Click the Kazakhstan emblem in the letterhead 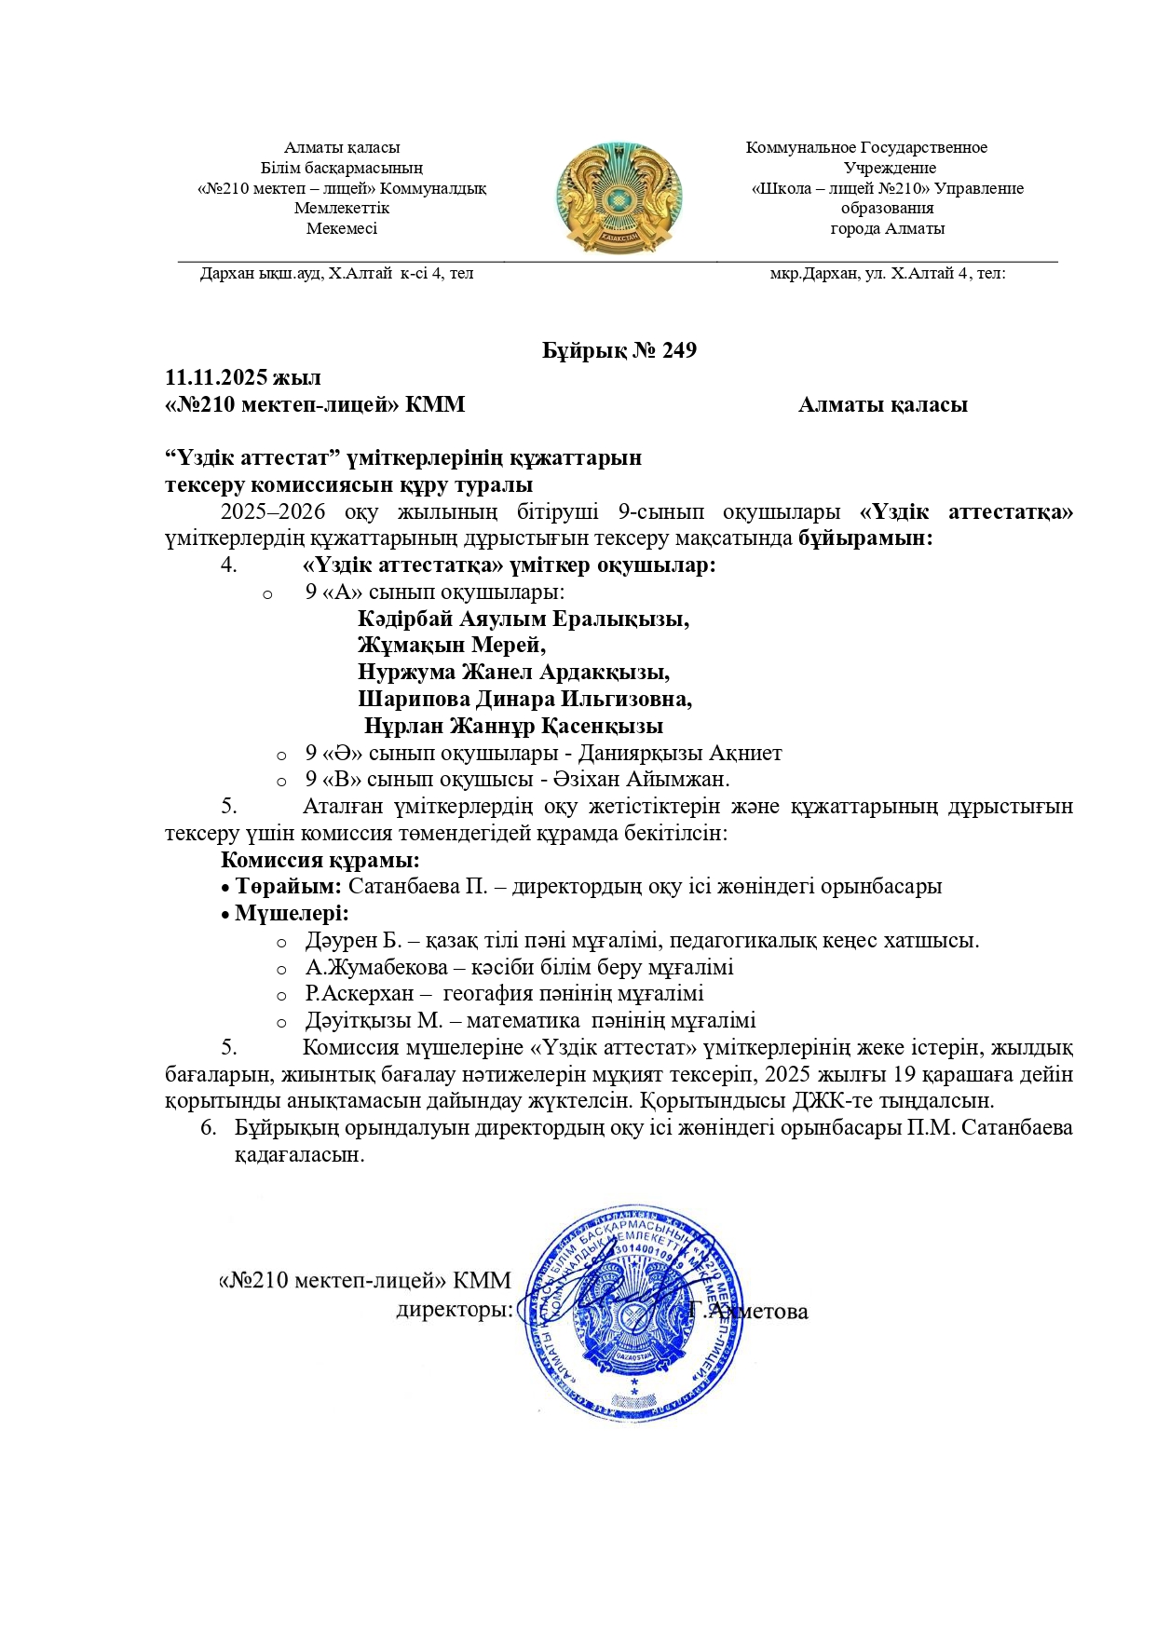pos(619,197)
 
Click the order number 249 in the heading pos(679,350)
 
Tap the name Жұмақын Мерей pos(451,645)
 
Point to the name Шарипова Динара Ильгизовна pos(524,699)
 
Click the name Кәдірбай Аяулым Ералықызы pos(524,619)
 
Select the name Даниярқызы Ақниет pos(680,753)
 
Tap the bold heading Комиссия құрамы pos(320,860)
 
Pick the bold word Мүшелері pos(292,913)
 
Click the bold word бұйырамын pos(865,538)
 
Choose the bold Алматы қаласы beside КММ pos(882,404)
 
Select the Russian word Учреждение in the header pos(889,168)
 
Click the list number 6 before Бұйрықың pos(209,1128)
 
